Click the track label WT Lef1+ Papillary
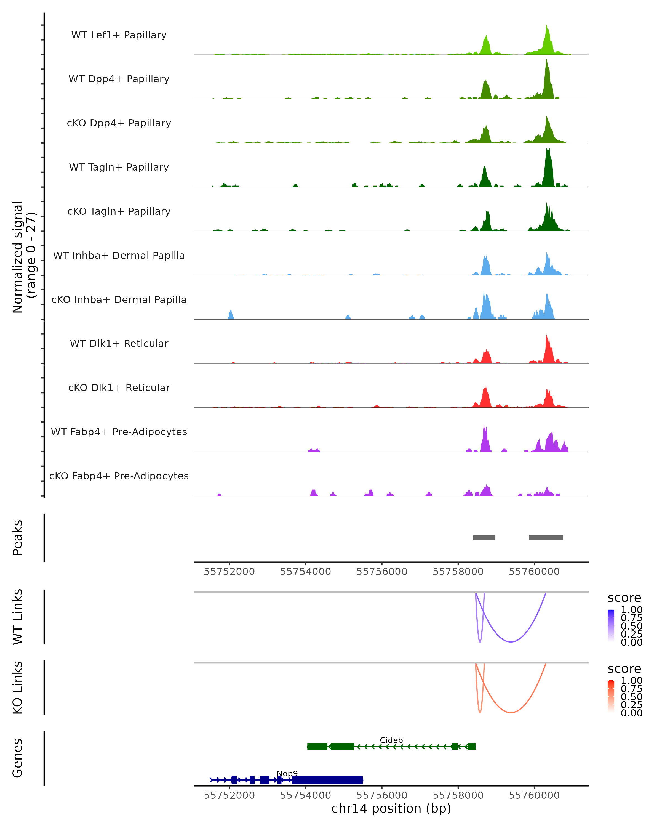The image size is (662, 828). click(x=119, y=35)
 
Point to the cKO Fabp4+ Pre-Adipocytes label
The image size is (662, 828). click(x=119, y=476)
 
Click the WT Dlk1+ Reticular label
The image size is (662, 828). click(x=119, y=343)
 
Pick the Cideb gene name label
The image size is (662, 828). click(x=391, y=740)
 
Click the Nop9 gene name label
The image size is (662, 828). click(x=287, y=773)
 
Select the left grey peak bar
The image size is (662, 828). click(x=484, y=538)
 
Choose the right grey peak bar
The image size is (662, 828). click(x=546, y=538)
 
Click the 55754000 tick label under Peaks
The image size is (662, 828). click(x=305, y=572)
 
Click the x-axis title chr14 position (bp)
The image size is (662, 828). click(x=391, y=808)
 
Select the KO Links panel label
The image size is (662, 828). click(x=18, y=688)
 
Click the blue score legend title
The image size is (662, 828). click(x=624, y=598)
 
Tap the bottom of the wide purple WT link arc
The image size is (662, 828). click(x=511, y=642)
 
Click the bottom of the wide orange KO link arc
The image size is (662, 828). click(x=511, y=712)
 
